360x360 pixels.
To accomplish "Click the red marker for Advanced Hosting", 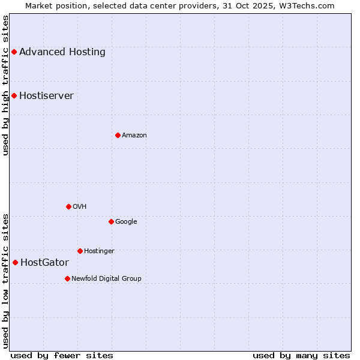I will click(14, 52).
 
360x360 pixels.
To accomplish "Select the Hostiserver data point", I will click(14, 95).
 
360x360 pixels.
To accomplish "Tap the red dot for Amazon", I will click(118, 135).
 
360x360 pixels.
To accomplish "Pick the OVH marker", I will click(68, 206).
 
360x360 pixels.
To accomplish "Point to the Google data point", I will click(111, 221).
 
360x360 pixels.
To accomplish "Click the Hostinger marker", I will click(80, 251).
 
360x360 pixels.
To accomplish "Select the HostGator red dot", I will click(15, 262).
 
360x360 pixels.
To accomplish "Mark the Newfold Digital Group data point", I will click(67, 278).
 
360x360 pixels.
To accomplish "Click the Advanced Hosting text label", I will click(62, 52).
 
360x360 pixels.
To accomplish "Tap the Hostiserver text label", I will click(46, 95).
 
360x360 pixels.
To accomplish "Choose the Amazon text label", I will click(134, 135).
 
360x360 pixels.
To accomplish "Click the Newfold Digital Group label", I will click(106, 278).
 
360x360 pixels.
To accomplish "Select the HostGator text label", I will click(44, 262).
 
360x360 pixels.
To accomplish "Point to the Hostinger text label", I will click(99, 251).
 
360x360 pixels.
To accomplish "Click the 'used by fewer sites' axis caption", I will click(62, 355).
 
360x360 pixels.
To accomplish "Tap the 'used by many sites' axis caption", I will click(301, 355).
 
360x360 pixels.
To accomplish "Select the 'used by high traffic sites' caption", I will click(5, 85).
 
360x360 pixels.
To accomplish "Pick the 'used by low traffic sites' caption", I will click(5, 281).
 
